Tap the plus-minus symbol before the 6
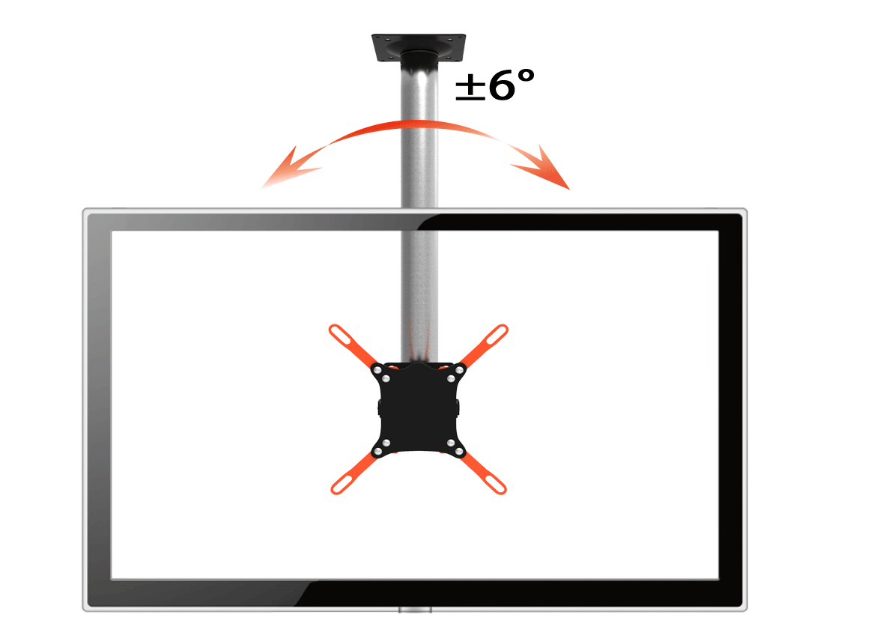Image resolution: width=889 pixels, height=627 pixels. pyautogui.click(x=470, y=88)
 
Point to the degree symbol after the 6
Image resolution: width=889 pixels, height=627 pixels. pyautogui.click(x=526, y=76)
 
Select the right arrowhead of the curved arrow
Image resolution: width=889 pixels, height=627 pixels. pyautogui.click(x=545, y=169)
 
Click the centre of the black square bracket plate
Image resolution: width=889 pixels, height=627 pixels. pyautogui.click(x=419, y=408)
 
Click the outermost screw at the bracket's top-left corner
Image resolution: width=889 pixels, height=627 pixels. pyautogui.click(x=377, y=369)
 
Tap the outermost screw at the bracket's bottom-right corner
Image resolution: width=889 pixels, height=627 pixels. pyautogui.click(x=460, y=451)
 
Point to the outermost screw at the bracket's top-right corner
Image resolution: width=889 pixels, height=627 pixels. pyautogui.click(x=460, y=369)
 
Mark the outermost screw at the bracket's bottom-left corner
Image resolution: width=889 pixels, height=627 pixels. pyautogui.click(x=377, y=451)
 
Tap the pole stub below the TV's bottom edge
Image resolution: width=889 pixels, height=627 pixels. pyautogui.click(x=416, y=610)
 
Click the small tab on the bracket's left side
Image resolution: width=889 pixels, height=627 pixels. pyautogui.click(x=379, y=408)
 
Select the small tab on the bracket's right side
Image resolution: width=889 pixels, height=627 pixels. pyautogui.click(x=458, y=408)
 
